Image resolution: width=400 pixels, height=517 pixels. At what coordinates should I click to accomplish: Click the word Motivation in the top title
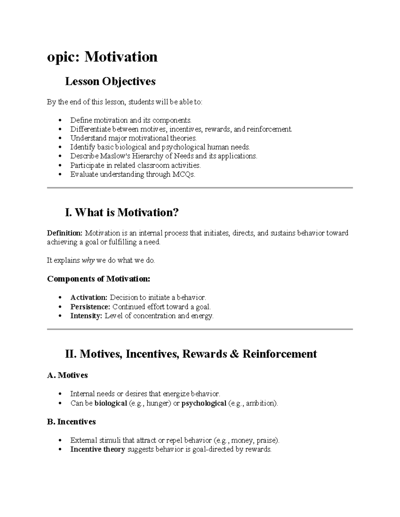[121, 57]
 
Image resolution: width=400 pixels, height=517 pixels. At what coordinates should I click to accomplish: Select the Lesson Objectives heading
[110, 81]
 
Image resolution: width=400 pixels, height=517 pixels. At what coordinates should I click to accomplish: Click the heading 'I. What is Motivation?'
[122, 212]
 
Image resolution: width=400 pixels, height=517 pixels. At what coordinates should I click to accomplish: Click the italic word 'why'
[88, 261]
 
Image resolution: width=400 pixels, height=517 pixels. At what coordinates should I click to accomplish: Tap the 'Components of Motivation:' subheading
[99, 279]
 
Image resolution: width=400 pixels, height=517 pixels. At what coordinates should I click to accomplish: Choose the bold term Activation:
[89, 297]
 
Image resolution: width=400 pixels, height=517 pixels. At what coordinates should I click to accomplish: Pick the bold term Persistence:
[90, 307]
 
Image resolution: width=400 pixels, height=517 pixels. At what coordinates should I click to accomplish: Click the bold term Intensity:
[86, 316]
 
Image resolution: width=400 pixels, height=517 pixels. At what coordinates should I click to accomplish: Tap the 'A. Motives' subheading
[67, 375]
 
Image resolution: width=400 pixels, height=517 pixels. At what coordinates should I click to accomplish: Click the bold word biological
[111, 403]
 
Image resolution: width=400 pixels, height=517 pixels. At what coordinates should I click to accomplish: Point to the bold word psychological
[204, 403]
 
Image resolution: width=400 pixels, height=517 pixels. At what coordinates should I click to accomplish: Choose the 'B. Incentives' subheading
[71, 422]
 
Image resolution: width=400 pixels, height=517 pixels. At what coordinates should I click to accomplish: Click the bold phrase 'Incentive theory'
[98, 449]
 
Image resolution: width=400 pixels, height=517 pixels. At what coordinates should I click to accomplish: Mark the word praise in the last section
[267, 440]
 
